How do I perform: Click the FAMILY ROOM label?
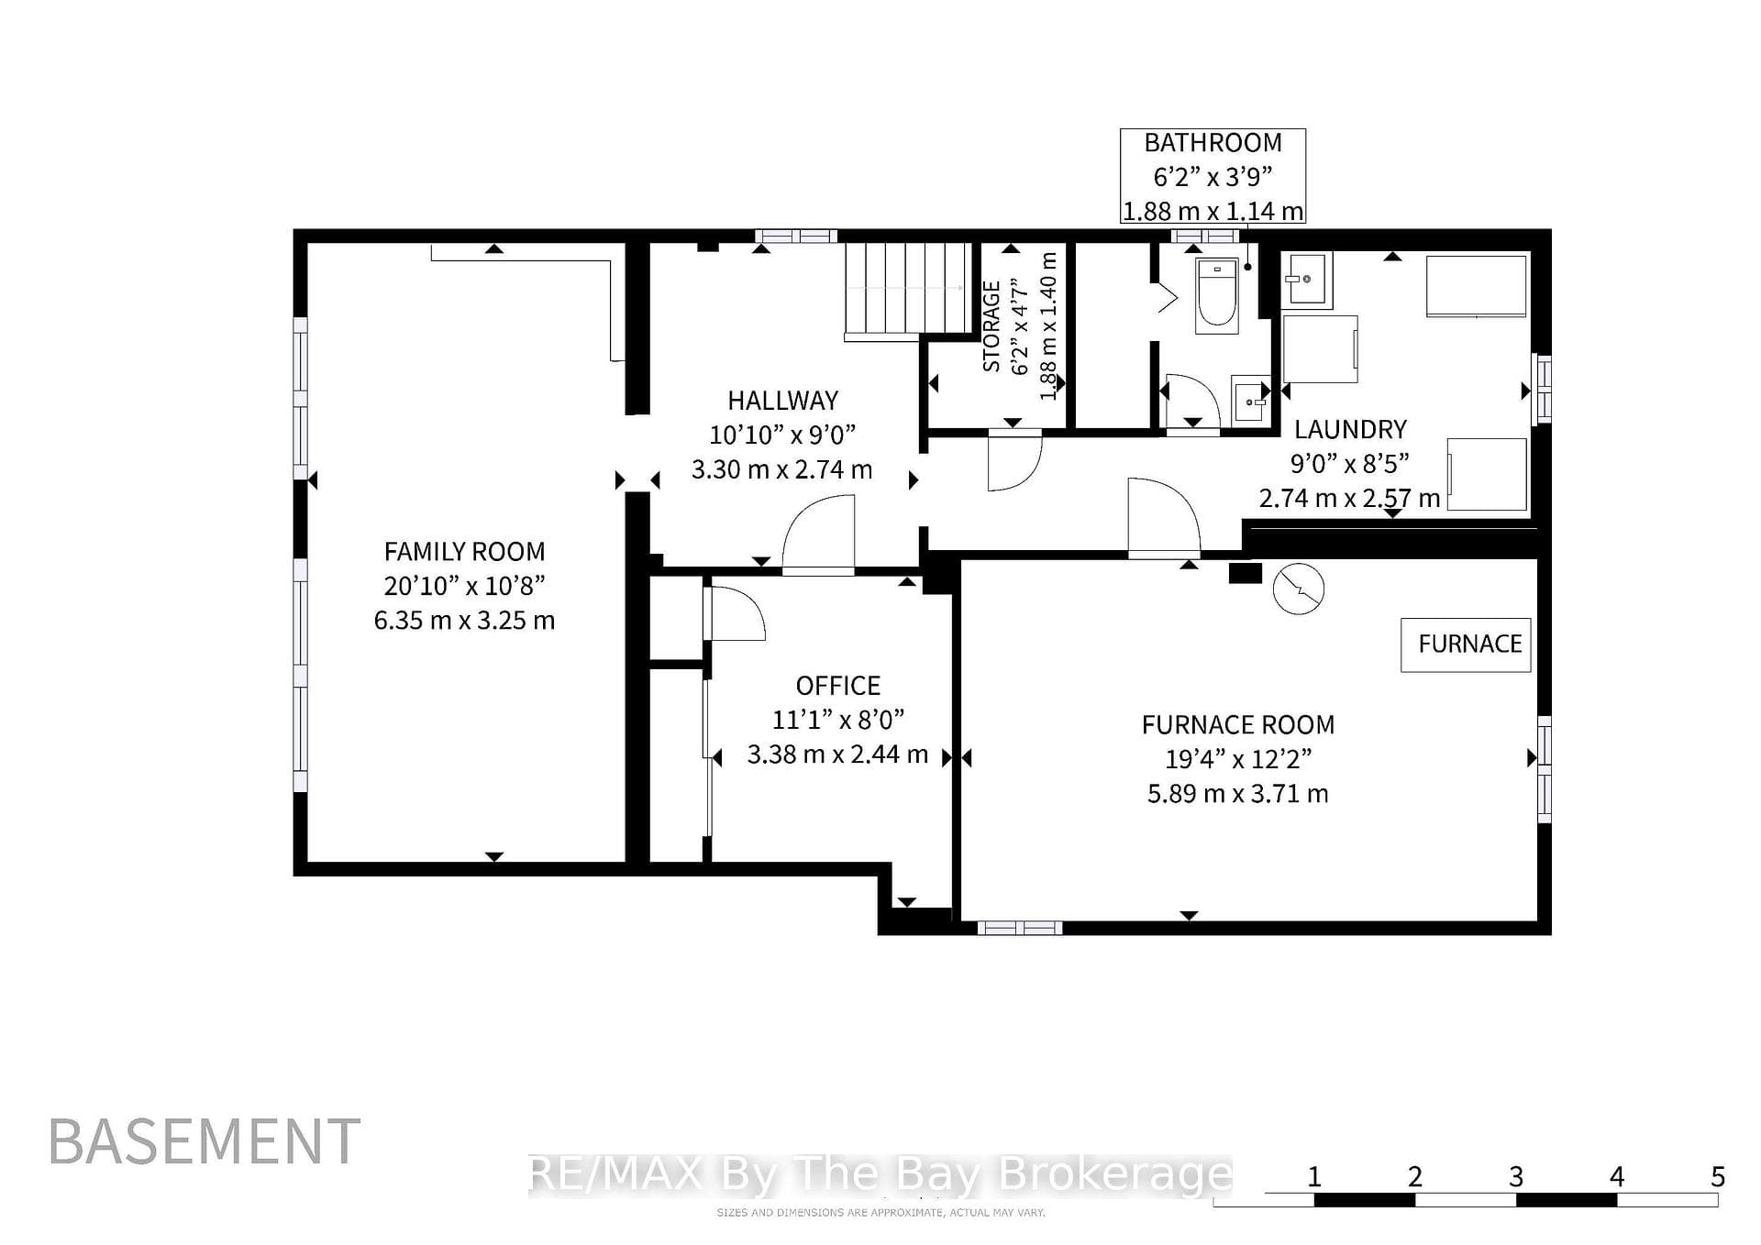coord(464,552)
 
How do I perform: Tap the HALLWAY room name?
coord(782,401)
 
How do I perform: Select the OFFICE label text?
coord(837,686)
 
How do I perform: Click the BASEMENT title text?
coord(205,1142)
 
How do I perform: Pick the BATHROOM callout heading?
coord(1213,143)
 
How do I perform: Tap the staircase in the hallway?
coord(907,290)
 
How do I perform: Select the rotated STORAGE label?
coord(991,326)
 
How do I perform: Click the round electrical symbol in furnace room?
coord(1299,588)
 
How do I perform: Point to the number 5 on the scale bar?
coord(1718,1176)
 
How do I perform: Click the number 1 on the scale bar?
coord(1314,1176)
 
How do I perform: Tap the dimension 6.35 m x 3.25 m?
coord(464,621)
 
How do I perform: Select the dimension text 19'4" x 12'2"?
coord(1238,759)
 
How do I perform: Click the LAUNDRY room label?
coord(1350,429)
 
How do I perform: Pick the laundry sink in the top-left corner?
coord(1306,280)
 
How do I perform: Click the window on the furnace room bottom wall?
coord(1019,928)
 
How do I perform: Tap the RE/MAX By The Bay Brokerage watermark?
coord(881,1174)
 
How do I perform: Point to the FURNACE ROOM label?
coord(1238,725)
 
